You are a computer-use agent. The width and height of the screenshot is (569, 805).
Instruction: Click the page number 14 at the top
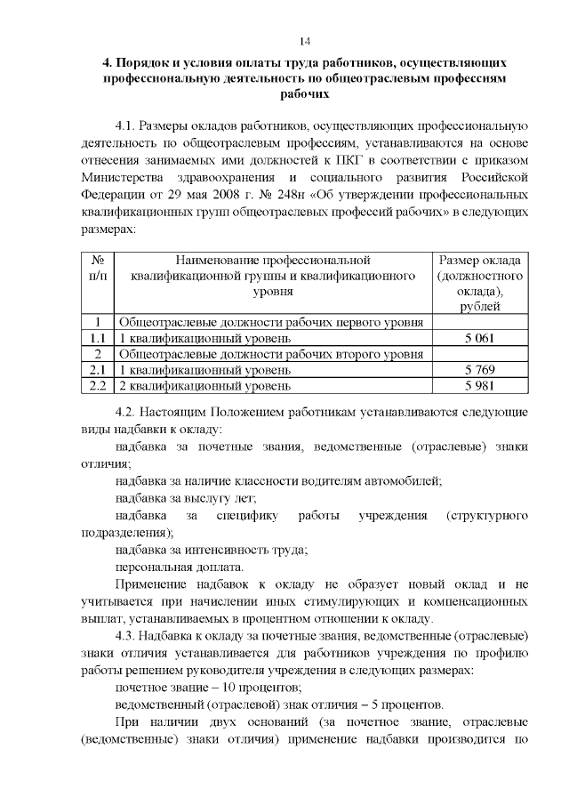click(x=305, y=42)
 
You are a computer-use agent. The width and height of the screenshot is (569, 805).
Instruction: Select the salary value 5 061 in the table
click(x=479, y=339)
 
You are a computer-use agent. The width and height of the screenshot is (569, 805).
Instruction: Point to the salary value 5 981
click(x=479, y=386)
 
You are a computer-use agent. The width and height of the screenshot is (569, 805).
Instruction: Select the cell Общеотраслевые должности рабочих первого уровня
click(x=270, y=323)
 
